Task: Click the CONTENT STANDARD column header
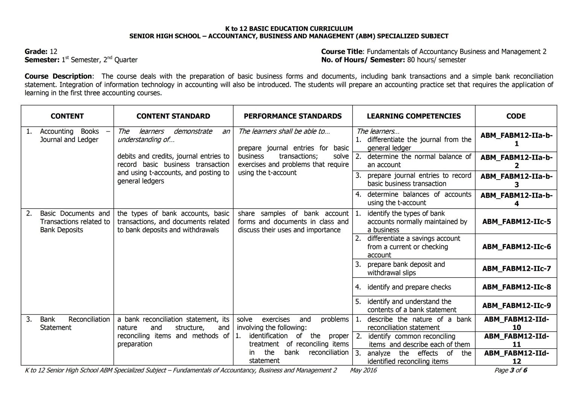coord(173,116)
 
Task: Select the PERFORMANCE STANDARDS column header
coord(292,116)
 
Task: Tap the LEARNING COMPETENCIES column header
coord(414,116)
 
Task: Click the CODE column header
coord(516,116)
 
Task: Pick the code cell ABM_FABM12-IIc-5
coord(516,221)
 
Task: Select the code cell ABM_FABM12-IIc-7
coord(516,269)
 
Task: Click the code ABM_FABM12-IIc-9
coord(516,305)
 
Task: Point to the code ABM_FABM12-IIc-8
coord(516,287)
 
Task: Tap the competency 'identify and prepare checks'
coord(409,287)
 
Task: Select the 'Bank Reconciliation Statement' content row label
coord(75,323)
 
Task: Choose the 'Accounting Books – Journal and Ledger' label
coord(75,136)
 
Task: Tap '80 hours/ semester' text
coord(436,60)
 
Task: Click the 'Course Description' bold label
coord(58,76)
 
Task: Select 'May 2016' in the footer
coord(363,370)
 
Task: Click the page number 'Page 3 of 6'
coord(511,370)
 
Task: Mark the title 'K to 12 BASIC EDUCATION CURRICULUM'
coord(289,29)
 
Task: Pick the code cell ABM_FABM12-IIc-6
coord(516,247)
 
